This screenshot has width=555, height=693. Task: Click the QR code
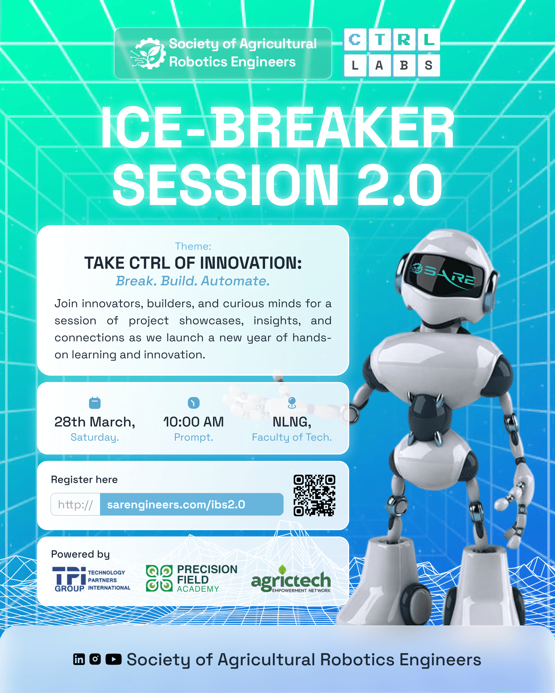tap(314, 495)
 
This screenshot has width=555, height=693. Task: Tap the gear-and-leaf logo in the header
tap(148, 53)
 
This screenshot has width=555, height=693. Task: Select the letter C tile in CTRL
tap(355, 40)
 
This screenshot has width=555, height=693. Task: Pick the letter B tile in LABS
tap(404, 66)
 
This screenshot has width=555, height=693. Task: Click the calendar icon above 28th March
tap(95, 403)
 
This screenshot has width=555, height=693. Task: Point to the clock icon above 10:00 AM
tap(193, 403)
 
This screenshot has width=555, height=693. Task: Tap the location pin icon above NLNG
tap(292, 403)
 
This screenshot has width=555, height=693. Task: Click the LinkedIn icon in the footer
tap(79, 659)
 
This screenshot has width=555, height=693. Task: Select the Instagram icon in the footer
tap(95, 659)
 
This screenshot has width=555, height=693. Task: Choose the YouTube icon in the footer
tap(114, 659)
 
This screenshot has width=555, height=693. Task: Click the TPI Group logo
tap(91, 579)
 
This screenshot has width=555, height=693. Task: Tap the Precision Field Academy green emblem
tap(159, 579)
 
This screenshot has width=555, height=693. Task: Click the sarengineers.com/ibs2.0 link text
tap(176, 505)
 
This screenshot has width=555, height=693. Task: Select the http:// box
tap(75, 504)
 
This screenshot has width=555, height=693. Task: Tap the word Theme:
tap(193, 246)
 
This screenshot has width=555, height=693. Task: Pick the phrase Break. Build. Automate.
tap(193, 281)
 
